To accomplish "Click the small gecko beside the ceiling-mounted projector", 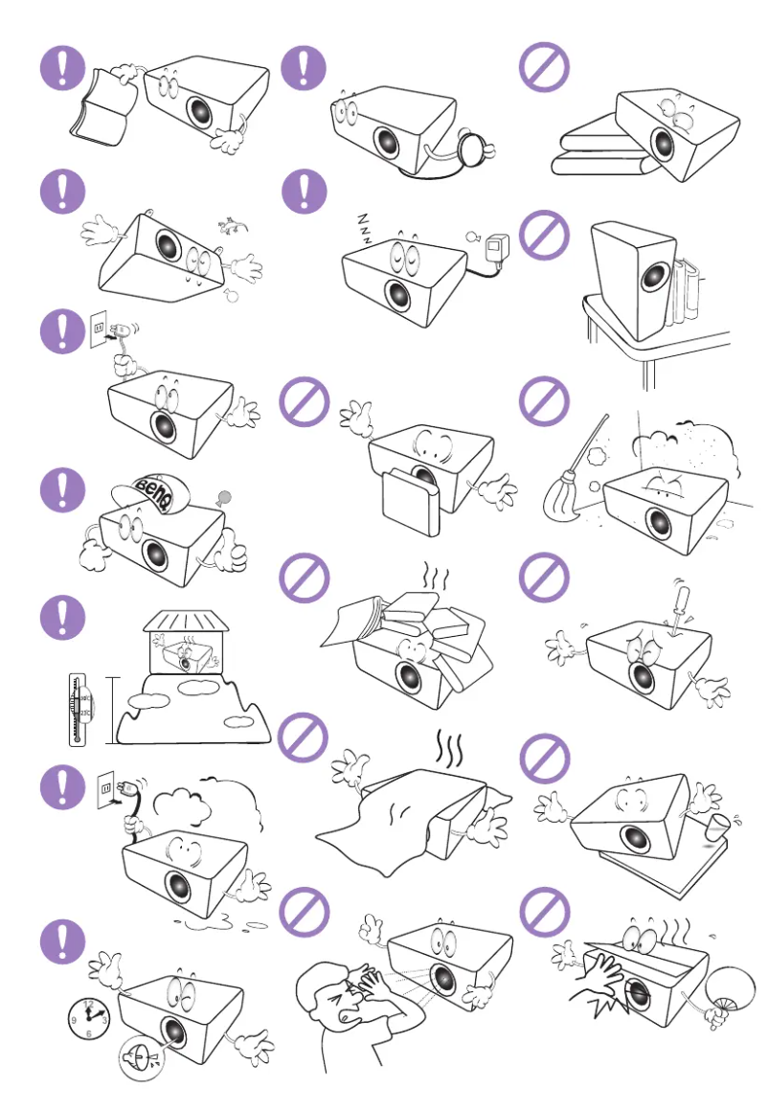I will point(229,226).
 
